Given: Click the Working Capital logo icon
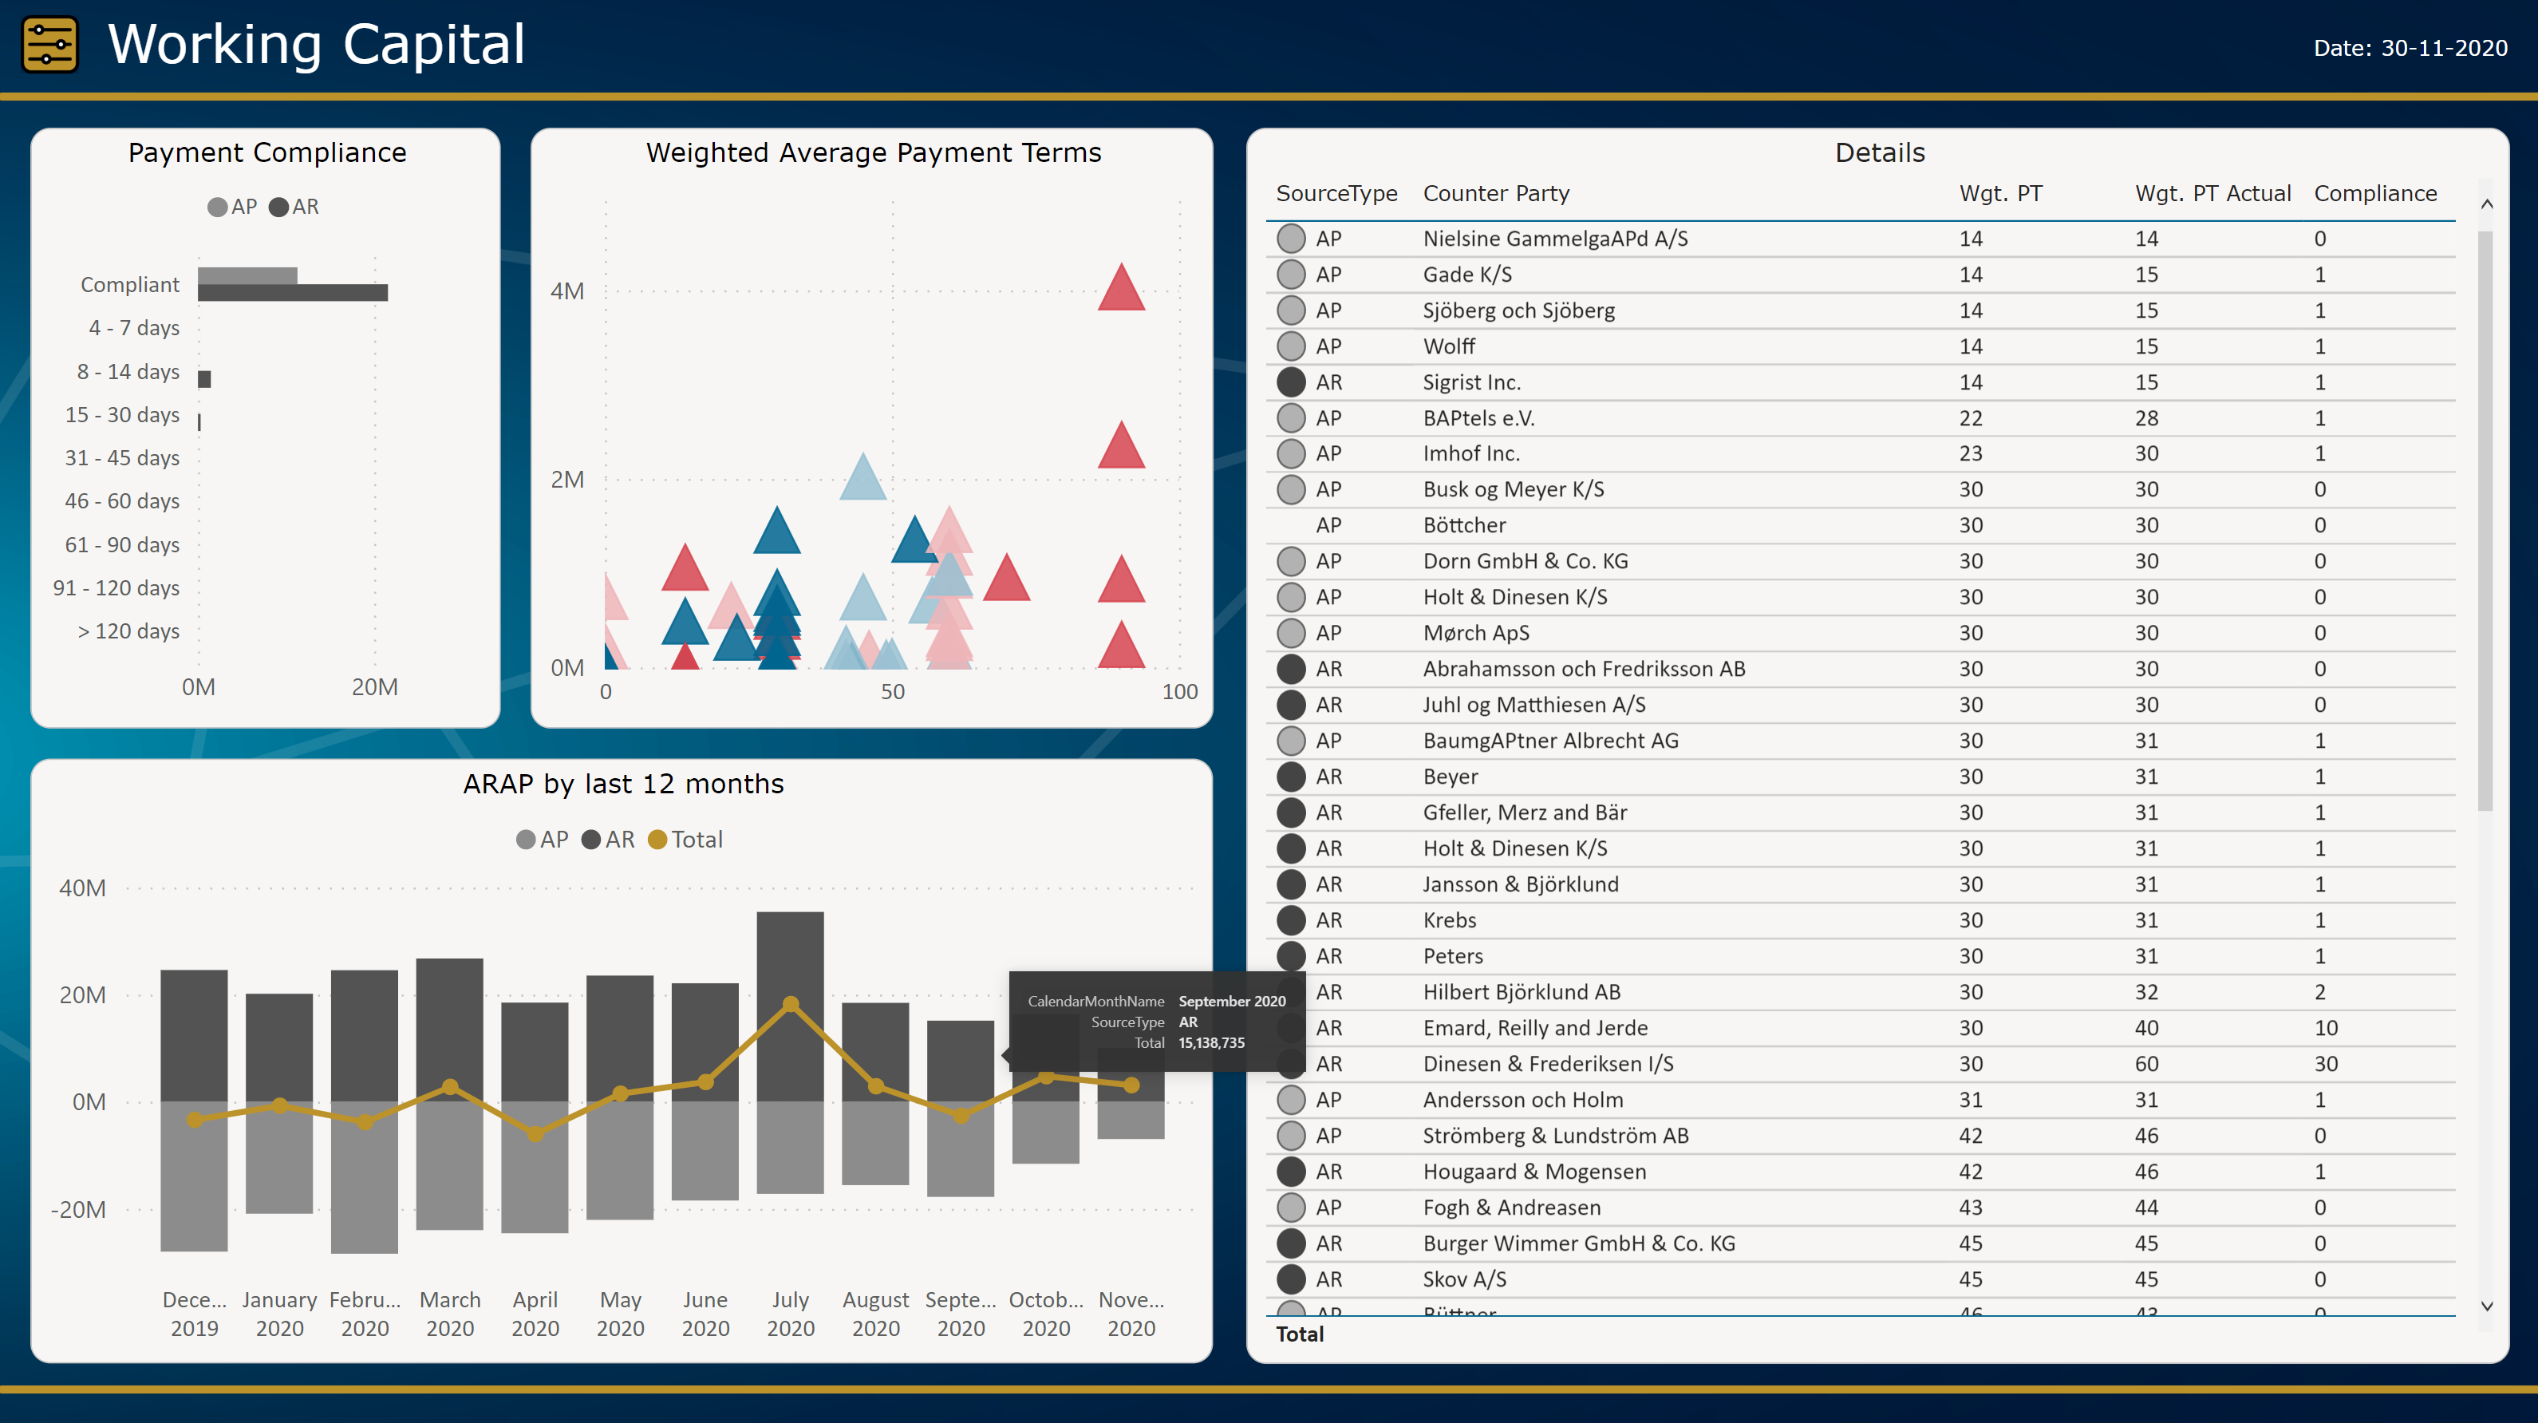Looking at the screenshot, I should [49, 45].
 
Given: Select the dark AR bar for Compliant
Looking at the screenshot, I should [293, 293].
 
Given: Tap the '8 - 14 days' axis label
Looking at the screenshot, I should [128, 372].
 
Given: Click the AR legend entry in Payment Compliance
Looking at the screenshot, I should [294, 207].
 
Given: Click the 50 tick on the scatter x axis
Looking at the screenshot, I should [893, 692].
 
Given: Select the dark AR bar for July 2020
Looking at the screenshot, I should [790, 1005].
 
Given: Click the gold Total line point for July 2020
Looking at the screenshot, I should [790, 1004].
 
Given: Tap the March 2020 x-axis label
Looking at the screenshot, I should [450, 1314].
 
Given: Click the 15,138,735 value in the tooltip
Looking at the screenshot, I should [1211, 1042].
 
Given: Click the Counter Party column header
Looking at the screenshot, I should [1496, 194].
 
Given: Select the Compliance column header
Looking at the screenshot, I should [2374, 194].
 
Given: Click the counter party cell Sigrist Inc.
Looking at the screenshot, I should [1471, 382].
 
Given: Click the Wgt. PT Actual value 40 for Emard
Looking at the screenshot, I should [2146, 1028].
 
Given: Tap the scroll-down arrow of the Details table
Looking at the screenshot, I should [2487, 1306].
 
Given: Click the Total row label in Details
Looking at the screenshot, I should [1300, 1334].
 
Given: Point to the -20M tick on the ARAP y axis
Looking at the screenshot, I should [79, 1209].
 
